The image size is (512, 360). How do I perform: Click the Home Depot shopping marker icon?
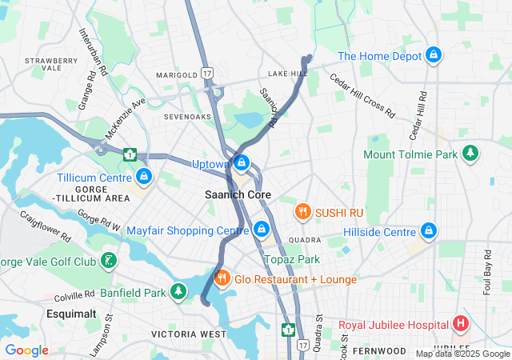point(433,55)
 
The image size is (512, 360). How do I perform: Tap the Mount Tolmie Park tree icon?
point(471,153)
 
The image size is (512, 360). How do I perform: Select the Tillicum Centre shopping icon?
point(144,175)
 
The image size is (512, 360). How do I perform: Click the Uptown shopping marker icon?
point(241,164)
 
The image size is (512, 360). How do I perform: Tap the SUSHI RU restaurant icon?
point(302,212)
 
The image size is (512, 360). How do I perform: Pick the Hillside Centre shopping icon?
point(429,231)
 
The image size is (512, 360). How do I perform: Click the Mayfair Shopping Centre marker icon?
point(261,230)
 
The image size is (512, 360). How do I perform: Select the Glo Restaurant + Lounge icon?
point(222,278)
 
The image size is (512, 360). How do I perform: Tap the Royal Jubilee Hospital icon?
point(460,324)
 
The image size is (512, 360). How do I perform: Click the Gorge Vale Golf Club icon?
point(106,261)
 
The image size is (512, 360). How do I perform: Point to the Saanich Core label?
point(238,194)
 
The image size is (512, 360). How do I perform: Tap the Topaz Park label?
point(292,259)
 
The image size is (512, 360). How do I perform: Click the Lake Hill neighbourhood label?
point(288,74)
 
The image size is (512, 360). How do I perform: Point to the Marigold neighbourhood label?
point(176,75)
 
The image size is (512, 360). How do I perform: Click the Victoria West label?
point(189,333)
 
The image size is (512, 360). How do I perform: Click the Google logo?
point(26,350)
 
